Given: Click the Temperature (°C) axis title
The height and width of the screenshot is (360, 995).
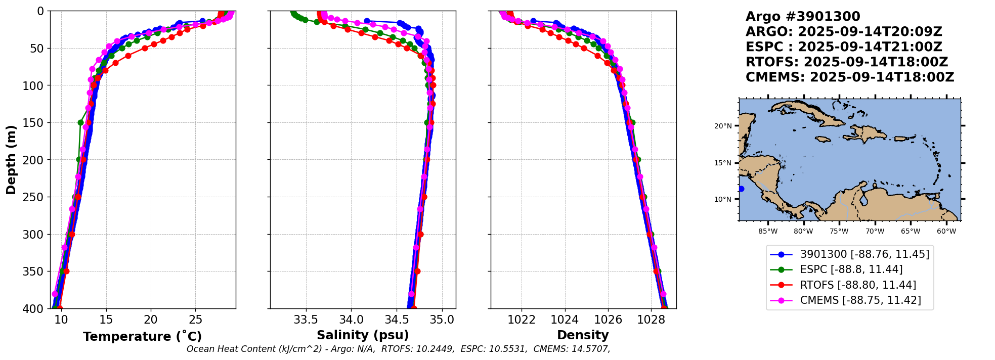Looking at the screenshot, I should pos(142,336).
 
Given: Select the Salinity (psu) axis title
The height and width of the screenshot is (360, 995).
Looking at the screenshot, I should pos(363,335).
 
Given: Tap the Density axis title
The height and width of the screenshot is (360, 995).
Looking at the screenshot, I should pos(583,335).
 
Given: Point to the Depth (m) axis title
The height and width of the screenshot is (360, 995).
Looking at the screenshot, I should pos(11,160).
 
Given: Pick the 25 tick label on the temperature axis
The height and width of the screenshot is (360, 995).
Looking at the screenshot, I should pos(195,320).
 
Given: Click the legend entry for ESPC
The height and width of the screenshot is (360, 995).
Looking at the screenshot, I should pos(851,269).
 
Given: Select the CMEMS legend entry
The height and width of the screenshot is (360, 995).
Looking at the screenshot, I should pos(860,300).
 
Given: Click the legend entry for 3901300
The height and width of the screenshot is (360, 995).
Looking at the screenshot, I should pos(864,254).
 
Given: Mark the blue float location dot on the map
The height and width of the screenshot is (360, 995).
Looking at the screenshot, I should pos(741,189).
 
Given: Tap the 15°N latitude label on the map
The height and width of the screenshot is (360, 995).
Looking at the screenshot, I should pos(723,163).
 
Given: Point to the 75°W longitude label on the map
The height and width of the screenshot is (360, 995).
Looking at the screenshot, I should pos(839,232).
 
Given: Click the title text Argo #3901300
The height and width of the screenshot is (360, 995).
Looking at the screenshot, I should pos(803,17).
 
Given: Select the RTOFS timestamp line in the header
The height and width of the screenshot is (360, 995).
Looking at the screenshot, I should pos(847,62).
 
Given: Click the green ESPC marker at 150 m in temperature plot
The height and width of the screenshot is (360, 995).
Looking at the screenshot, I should pos(80,122).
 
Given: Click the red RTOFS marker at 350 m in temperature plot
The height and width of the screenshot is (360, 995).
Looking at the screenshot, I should pos(66,271).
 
